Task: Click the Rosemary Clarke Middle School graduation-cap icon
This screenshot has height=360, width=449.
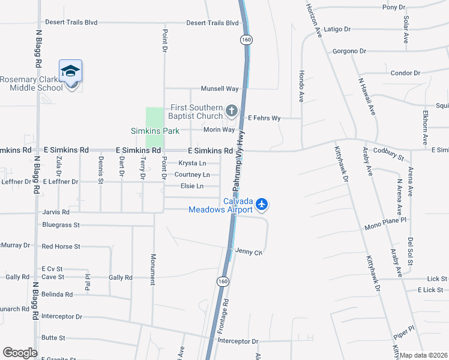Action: (x=70, y=71)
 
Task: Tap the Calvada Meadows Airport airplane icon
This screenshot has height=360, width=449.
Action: (x=261, y=205)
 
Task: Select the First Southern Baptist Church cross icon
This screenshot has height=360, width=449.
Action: (x=232, y=110)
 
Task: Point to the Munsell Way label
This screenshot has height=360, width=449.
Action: (x=220, y=89)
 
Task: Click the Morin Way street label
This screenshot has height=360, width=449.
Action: (x=219, y=130)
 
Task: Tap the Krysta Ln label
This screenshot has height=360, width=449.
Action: (x=193, y=163)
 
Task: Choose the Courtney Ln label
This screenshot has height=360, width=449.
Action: (x=192, y=175)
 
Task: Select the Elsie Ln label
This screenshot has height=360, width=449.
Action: (x=192, y=186)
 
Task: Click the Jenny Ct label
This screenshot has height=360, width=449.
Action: (x=249, y=251)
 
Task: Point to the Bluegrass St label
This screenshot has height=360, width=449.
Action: (x=61, y=225)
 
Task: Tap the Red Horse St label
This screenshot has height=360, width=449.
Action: (x=61, y=247)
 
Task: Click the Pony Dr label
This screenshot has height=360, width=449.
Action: (x=394, y=7)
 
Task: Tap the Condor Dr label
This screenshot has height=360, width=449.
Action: (x=406, y=73)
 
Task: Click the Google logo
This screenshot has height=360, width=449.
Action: (x=20, y=353)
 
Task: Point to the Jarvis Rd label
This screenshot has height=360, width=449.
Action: (x=56, y=212)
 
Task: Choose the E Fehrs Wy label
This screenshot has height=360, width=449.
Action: (x=264, y=118)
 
